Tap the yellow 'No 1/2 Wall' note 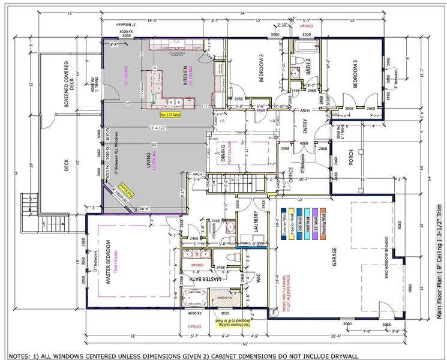click(172, 113)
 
